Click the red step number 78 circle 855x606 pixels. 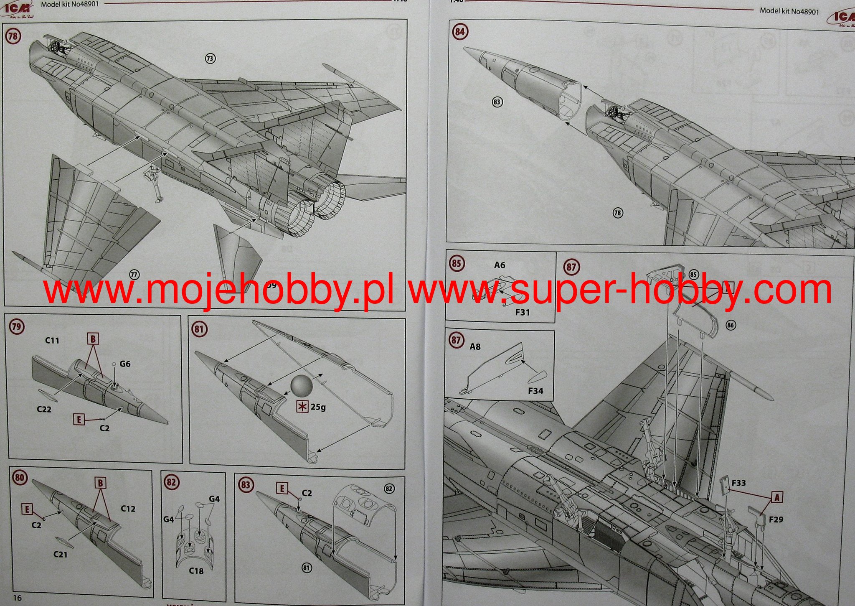(x=13, y=36)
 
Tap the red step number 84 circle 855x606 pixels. (x=460, y=32)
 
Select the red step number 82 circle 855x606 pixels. (x=171, y=482)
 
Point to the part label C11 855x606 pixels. (x=52, y=341)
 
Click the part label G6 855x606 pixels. (x=125, y=364)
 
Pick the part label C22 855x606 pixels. (x=44, y=409)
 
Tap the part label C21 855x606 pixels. (x=61, y=555)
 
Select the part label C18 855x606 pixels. (x=196, y=571)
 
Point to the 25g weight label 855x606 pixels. (x=318, y=407)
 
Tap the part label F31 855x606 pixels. (x=522, y=312)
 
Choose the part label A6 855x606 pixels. (x=500, y=265)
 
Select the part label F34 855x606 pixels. (x=535, y=391)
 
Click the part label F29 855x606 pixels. (x=776, y=519)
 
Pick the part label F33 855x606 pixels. (x=738, y=483)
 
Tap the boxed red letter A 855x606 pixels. (x=777, y=497)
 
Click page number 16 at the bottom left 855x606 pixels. (x=17, y=598)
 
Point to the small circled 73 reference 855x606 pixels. (x=210, y=59)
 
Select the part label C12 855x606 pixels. (x=128, y=509)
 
